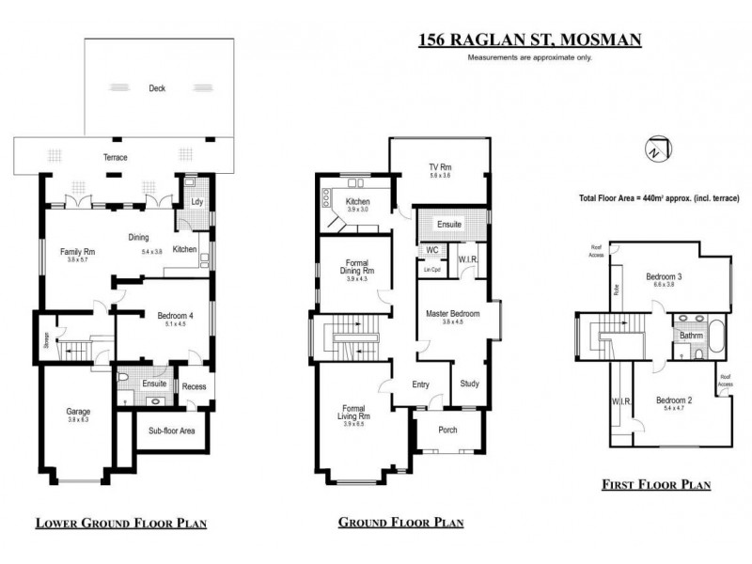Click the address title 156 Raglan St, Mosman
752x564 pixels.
click(x=529, y=39)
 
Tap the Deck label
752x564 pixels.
click(x=156, y=89)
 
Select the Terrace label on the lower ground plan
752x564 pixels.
click(x=115, y=157)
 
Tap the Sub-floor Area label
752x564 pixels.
click(x=172, y=431)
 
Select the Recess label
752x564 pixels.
click(x=194, y=386)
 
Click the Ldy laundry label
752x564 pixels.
click(x=196, y=201)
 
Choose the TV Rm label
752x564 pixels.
click(x=440, y=167)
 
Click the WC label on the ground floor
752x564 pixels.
click(x=431, y=250)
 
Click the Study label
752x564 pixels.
click(x=469, y=383)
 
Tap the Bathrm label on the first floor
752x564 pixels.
click(x=692, y=335)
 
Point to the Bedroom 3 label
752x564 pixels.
click(x=663, y=276)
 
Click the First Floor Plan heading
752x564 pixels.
click(x=655, y=486)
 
